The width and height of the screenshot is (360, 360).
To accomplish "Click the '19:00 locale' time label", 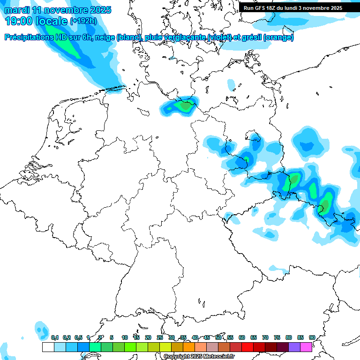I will (36, 21).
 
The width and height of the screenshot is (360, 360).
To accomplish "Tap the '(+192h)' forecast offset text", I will (83, 21).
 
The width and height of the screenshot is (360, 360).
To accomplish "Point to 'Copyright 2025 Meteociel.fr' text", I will (199, 356).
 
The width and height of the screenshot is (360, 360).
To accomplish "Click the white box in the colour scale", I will (48, 347).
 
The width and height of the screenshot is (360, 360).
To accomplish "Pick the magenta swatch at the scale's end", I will (306, 347).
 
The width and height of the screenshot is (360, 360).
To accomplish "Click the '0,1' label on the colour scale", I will (55, 337).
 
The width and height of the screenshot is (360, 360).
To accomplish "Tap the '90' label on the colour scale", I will (312, 337).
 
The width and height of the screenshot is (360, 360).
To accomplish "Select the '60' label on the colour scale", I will (242, 337).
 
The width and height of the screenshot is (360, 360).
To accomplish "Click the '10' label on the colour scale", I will (125, 337).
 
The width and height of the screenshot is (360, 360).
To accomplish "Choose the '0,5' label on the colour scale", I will (78, 337).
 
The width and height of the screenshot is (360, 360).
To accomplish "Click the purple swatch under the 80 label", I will (294, 347).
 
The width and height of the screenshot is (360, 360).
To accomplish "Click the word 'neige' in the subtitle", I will (104, 37).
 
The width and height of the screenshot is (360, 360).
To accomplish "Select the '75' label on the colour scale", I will (277, 337).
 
